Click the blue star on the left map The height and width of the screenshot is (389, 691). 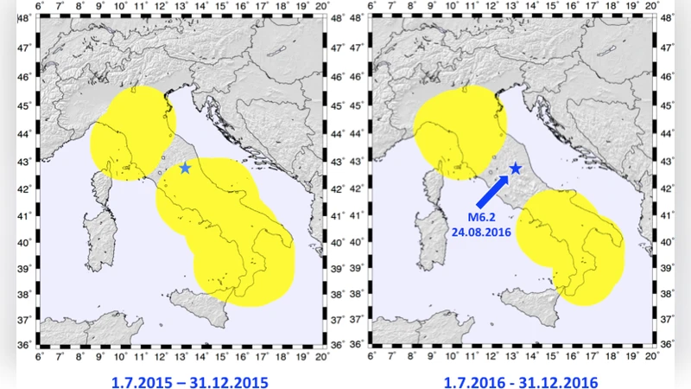[x=185, y=168]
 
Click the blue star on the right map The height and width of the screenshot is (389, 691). [x=516, y=168]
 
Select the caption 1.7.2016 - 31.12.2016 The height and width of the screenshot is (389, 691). [x=517, y=379]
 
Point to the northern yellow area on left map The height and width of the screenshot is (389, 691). [x=132, y=130]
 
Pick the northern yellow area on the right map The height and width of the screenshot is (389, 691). [x=458, y=130]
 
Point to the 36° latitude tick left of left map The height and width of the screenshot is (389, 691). [x=28, y=345]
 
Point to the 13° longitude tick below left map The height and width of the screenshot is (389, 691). [x=182, y=355]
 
